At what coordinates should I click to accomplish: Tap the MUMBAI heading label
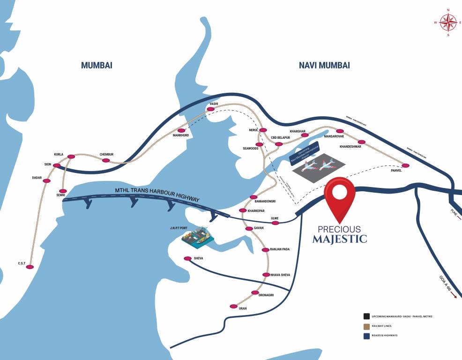[x=97, y=65]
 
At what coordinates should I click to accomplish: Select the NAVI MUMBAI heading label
[x=324, y=65]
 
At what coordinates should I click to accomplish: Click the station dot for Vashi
[x=211, y=109]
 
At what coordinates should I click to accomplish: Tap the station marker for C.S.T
[x=30, y=267]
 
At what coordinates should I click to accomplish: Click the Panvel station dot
[x=406, y=165]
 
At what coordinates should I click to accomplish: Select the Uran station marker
[x=233, y=306]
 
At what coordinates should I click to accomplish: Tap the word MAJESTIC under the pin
[x=340, y=240]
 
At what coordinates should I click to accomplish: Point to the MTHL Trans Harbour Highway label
[x=157, y=195]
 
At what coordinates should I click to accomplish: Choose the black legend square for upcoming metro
[x=365, y=316]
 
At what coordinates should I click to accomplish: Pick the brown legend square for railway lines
[x=365, y=326]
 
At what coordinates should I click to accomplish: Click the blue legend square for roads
[x=365, y=336]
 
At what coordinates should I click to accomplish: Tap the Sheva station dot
[x=187, y=258]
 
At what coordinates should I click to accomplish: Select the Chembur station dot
[x=106, y=160]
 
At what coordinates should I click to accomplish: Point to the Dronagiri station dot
[x=255, y=292]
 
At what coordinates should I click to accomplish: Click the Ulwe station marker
[x=275, y=223]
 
